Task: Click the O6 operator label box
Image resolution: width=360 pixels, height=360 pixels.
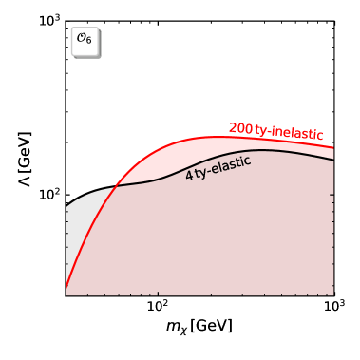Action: coord(86,43)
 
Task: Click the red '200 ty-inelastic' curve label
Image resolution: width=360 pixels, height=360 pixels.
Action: coord(275,130)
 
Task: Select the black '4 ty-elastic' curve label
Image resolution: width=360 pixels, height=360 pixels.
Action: coord(218,167)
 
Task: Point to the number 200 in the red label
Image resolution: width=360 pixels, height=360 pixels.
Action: coord(240,127)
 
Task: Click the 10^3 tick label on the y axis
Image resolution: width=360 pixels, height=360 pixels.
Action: coord(47,20)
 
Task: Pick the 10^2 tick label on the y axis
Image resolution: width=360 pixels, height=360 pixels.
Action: coord(47,195)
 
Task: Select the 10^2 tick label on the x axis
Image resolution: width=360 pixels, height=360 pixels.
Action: coord(158,309)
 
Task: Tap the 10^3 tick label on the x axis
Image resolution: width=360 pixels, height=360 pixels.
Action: coord(332,309)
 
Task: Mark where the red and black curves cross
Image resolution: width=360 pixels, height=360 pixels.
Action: coord(114,185)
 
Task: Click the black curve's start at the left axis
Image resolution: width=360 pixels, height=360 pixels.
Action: coord(66,206)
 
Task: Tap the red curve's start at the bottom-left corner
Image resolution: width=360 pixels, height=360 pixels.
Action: coord(66,289)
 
